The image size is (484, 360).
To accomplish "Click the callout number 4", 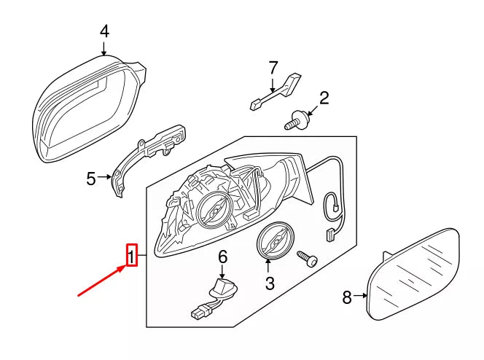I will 104,31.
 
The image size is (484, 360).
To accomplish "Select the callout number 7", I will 273,68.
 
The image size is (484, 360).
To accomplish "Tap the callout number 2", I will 324,97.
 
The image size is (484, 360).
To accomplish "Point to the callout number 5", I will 90,179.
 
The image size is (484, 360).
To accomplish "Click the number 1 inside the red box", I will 132,256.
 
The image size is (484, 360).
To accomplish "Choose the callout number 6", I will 223,257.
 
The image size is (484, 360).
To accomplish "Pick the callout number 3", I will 269,283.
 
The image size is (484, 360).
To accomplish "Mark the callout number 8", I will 347,297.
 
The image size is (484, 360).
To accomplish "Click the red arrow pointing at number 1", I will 103,281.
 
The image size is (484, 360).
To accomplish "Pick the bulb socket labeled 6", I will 222,288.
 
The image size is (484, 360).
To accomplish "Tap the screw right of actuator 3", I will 308,259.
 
